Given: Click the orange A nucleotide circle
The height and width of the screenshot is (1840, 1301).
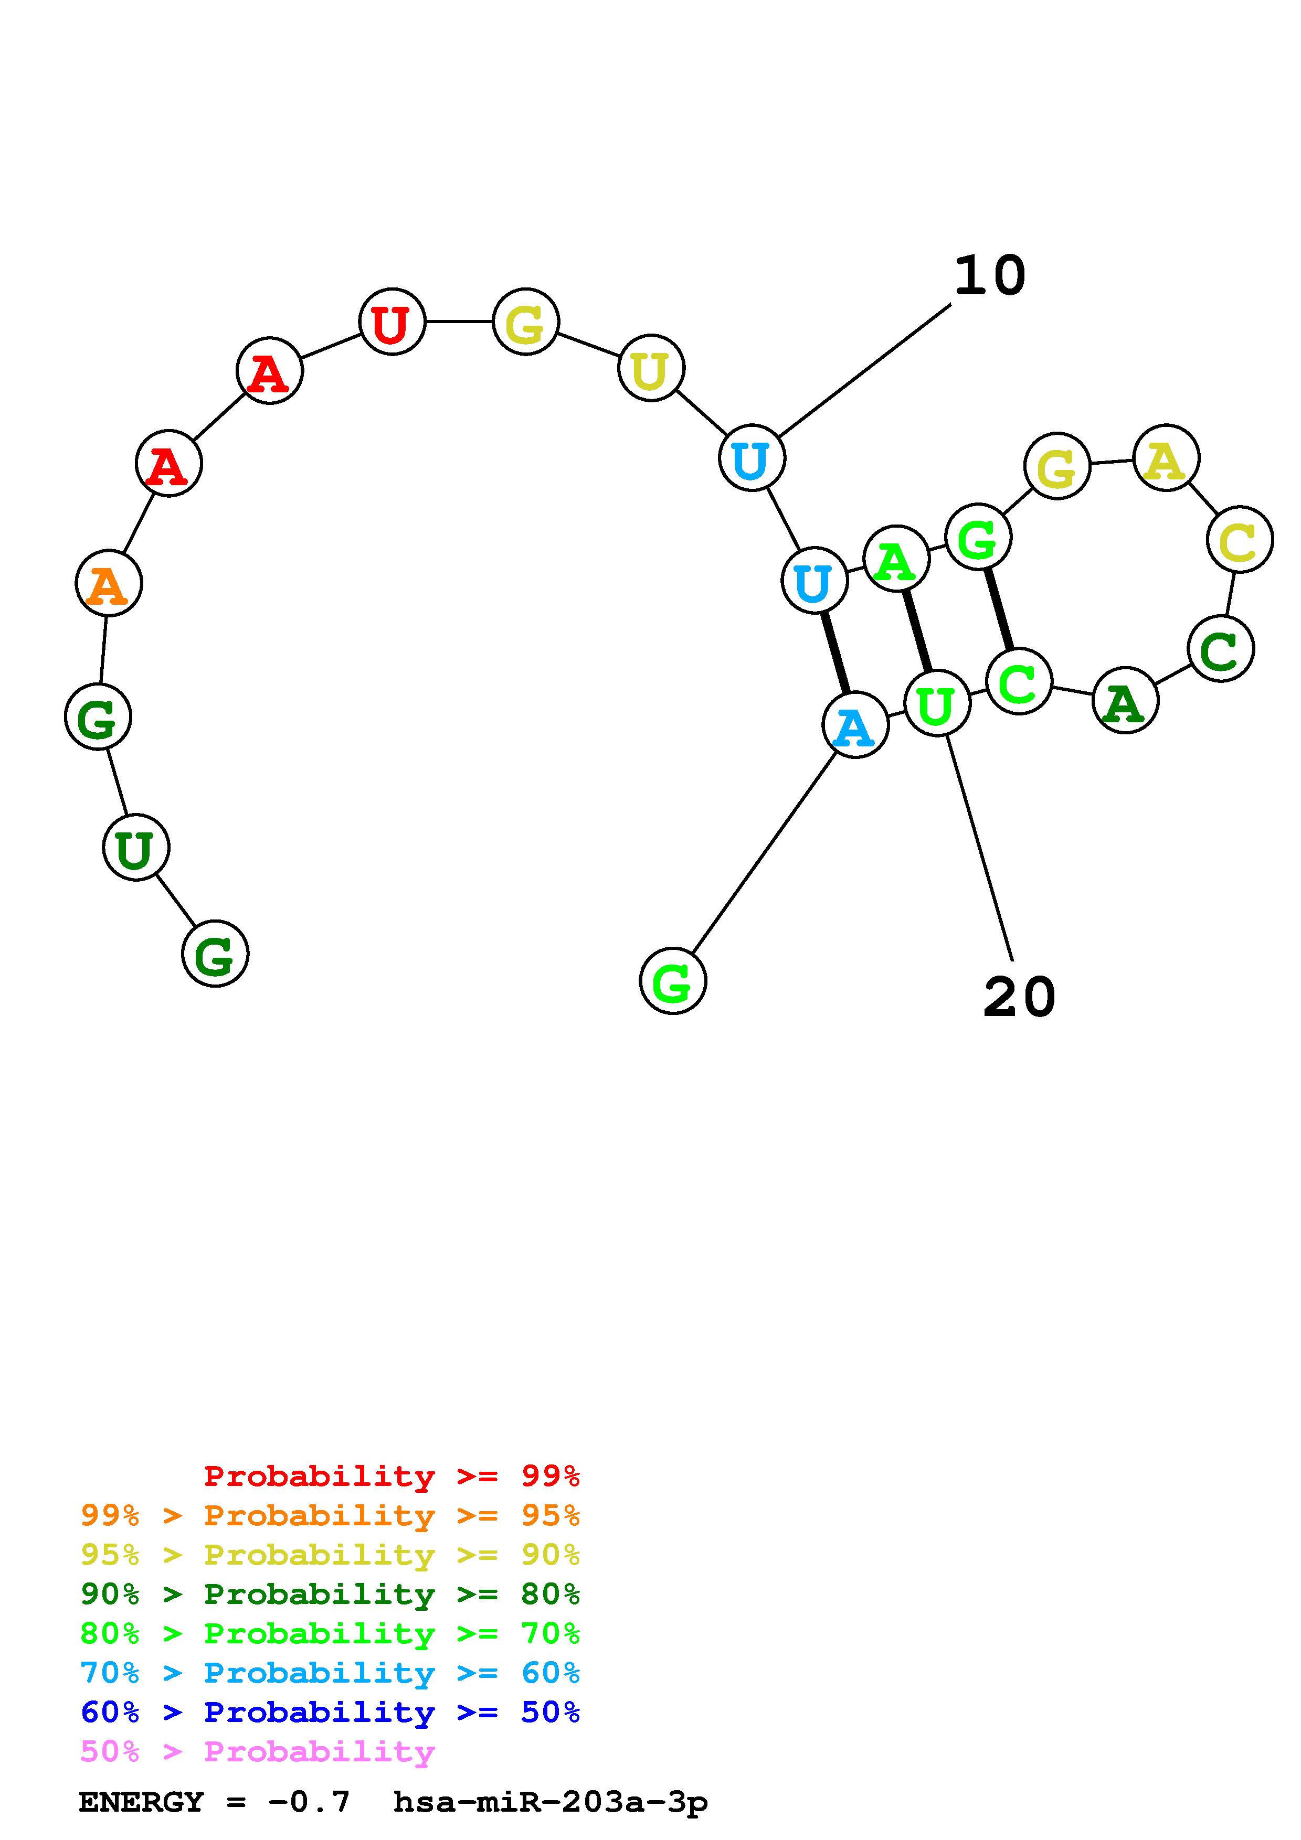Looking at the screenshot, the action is click(x=108, y=583).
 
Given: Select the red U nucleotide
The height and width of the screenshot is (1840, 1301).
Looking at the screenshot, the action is click(x=392, y=322).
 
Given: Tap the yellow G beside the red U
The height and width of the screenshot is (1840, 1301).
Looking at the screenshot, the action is click(x=525, y=322).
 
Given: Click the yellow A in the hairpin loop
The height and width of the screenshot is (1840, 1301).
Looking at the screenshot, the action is click(x=1166, y=458).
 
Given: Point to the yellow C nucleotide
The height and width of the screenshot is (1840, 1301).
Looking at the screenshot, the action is click(x=1239, y=539).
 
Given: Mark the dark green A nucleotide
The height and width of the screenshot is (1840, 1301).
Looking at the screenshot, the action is click(x=1125, y=700).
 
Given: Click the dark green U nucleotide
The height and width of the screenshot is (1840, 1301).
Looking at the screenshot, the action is click(x=135, y=847).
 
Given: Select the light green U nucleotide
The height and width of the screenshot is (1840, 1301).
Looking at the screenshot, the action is click(x=937, y=703).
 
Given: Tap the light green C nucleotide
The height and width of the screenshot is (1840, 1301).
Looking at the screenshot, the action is click(x=1019, y=681).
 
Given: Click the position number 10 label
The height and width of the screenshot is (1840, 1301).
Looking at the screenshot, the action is click(x=989, y=276).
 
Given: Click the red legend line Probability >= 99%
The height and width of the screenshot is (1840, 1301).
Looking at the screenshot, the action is click(x=392, y=1475).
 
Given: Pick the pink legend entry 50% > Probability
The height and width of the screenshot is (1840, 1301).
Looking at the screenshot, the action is click(x=257, y=1751).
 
